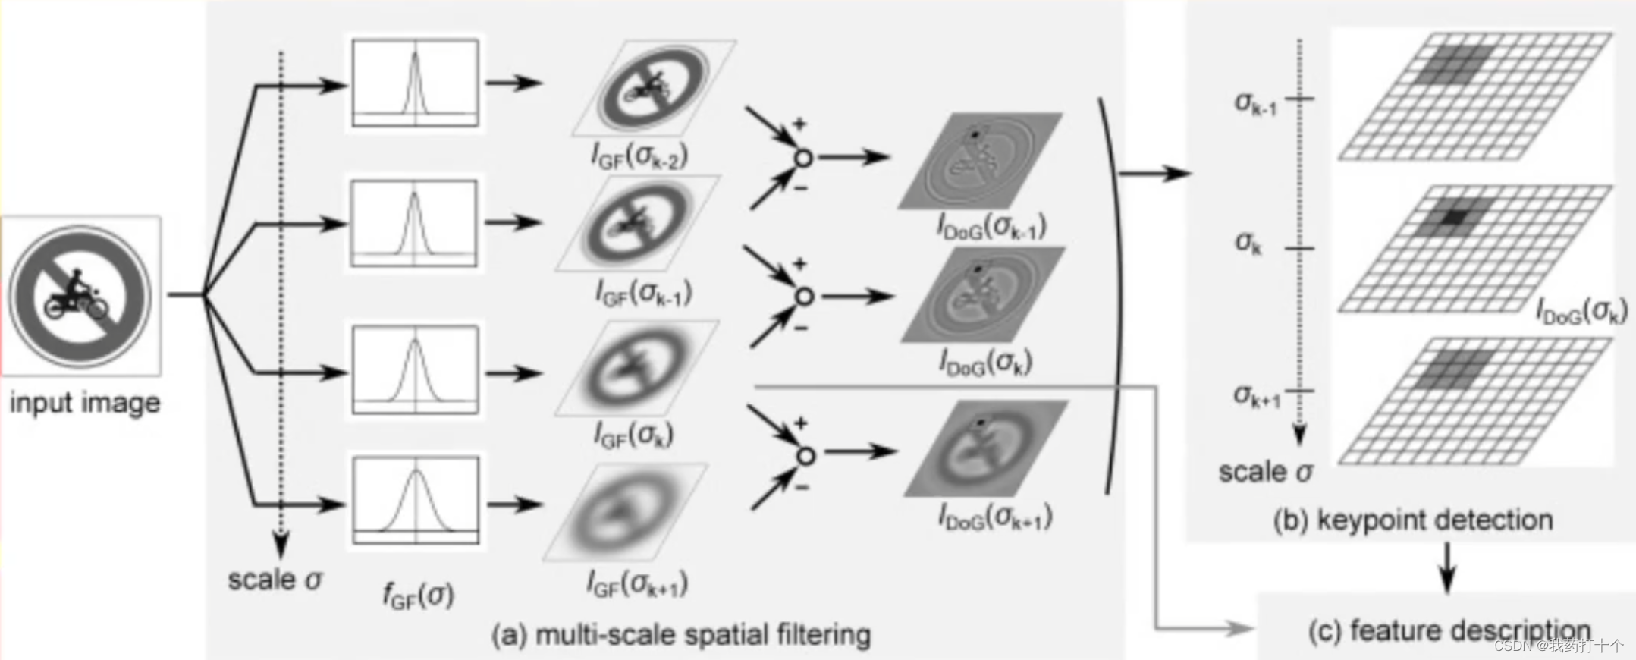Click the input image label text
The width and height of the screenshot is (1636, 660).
pos(85,402)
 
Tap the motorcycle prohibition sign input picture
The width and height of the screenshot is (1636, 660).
pos(80,296)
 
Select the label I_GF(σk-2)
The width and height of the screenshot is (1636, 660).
pos(639,156)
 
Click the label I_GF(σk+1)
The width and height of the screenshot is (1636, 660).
pos(637,584)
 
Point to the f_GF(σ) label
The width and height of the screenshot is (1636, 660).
pos(418,595)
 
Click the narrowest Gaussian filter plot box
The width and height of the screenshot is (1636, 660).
pos(416,83)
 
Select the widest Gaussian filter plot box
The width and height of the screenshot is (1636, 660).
pos(416,500)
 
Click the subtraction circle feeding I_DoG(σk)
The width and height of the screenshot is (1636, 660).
pos(804,297)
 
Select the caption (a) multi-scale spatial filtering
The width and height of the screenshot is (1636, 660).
pos(680,634)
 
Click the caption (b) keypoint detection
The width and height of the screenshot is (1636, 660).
pos(1412,520)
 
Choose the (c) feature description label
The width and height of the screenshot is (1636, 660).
pos(1449,630)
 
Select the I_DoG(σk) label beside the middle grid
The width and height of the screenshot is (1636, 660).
pos(1581,311)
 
